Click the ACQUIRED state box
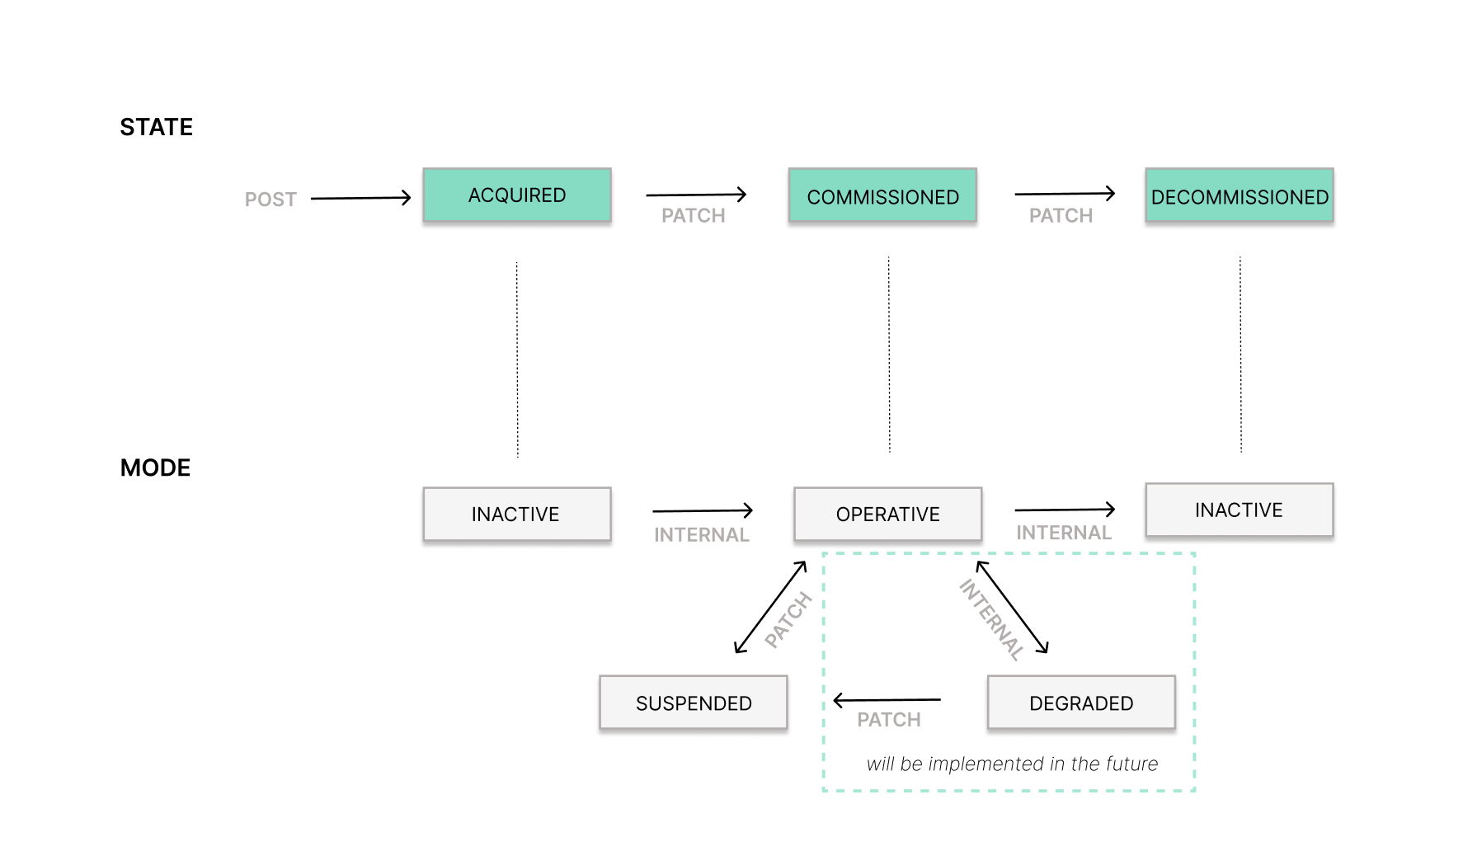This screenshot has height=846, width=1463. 517,195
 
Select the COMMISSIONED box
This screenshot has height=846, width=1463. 882,196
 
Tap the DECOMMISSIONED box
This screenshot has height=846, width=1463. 1239,196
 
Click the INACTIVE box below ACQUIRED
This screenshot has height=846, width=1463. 516,515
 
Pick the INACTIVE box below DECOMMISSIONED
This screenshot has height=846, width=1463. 1239,510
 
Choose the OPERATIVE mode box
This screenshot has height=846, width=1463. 887,515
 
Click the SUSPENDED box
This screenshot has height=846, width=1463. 693,703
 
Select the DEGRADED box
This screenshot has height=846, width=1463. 1080,703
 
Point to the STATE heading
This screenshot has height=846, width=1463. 156,127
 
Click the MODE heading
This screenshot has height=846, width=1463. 155,468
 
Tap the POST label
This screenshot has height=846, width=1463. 270,200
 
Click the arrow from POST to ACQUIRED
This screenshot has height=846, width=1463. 360,198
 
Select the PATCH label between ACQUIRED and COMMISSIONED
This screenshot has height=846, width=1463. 693,216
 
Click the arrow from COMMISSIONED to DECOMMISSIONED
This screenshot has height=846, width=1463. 1064,194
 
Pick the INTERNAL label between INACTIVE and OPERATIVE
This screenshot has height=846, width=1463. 701,535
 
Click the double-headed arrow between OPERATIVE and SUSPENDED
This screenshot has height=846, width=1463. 770,608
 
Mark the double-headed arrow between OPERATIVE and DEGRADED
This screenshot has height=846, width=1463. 1012,607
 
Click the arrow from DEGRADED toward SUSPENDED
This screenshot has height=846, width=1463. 887,701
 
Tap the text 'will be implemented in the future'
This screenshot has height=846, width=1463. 1012,764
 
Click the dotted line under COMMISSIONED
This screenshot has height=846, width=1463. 889,355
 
